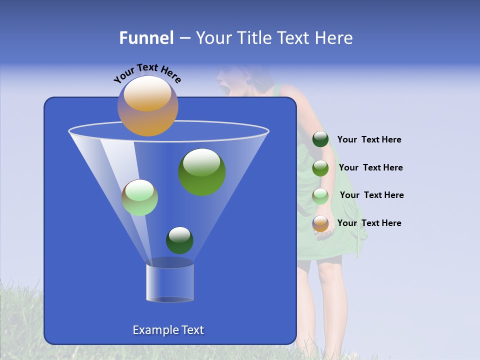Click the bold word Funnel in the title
(146, 38)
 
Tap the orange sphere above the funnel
(147, 106)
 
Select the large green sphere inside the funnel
(201, 172)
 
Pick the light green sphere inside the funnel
(139, 197)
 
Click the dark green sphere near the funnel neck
(179, 240)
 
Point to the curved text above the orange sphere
(147, 73)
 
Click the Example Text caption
(168, 330)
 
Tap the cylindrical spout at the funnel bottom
(169, 282)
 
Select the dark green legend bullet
(320, 139)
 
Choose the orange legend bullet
(320, 223)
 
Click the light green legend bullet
(320, 196)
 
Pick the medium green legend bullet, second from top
(320, 168)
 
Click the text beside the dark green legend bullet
(369, 140)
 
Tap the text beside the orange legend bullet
(369, 223)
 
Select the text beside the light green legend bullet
(371, 195)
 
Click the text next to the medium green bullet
(370, 167)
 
